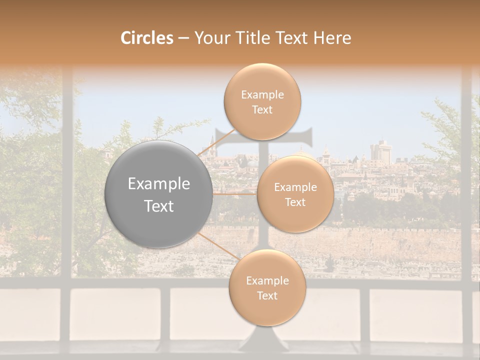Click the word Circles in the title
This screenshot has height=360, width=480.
pos(146,38)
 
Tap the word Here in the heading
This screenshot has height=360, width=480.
pos(332,38)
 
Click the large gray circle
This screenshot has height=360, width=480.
pos(159,194)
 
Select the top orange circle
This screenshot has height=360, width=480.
pos(262,101)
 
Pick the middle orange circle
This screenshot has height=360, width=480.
pos(295,194)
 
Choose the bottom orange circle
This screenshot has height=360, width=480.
pos(267,288)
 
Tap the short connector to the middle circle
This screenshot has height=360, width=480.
pos(235,193)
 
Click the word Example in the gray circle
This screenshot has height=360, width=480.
pos(159,184)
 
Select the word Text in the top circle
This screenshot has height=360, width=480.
pos(262,110)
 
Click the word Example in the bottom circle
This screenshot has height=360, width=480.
pos(267,281)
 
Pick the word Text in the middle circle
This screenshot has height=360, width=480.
pos(295,202)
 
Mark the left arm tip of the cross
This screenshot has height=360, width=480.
pos(216,138)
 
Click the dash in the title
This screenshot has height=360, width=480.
pos(183,38)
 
